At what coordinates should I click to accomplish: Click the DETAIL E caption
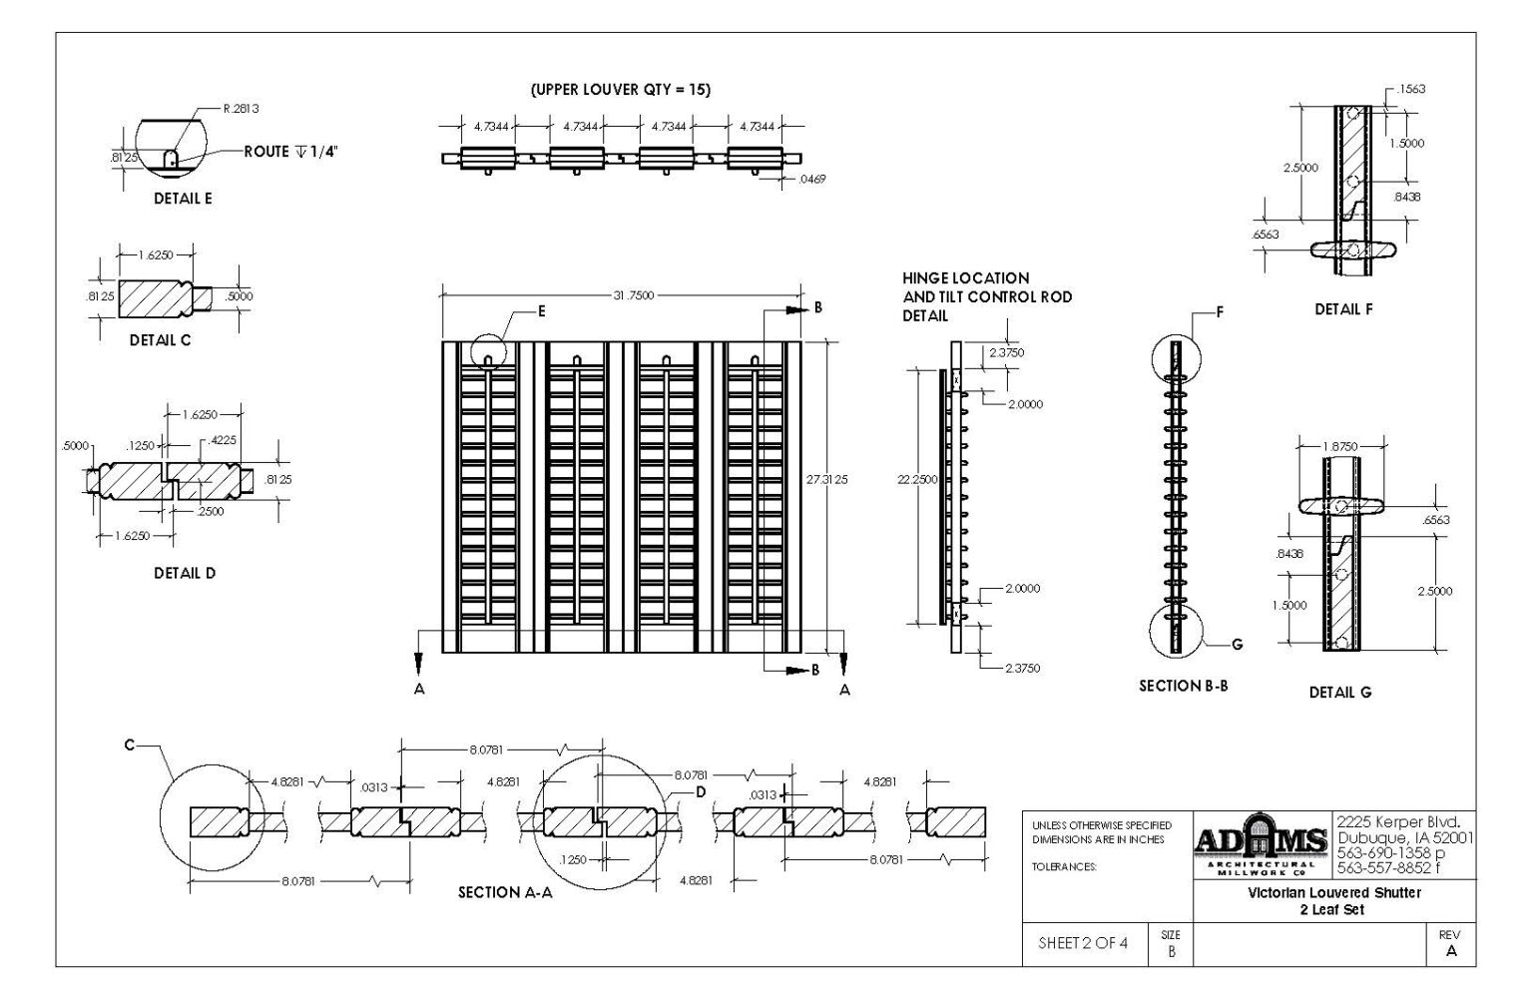183,199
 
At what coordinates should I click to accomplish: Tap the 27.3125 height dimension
827,480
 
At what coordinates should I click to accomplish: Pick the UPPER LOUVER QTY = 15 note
621,90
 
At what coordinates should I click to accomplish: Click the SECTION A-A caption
505,893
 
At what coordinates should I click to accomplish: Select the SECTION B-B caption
1183,686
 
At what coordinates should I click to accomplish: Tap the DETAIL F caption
1343,309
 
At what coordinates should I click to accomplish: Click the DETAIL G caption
1340,692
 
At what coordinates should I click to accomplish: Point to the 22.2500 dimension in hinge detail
917,480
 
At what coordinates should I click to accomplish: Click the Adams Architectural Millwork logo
1262,844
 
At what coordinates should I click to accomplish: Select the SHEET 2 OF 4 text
1083,942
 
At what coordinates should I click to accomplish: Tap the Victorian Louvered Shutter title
1333,892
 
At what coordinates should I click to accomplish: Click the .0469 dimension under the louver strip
811,180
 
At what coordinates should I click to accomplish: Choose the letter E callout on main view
542,311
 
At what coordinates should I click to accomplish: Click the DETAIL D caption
185,574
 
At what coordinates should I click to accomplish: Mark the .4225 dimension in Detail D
223,440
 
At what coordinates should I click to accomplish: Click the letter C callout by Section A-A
130,745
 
